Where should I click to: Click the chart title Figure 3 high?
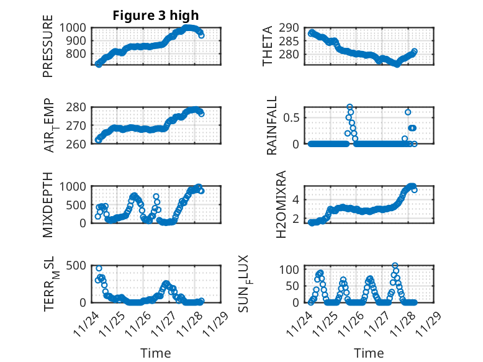click(x=155, y=16)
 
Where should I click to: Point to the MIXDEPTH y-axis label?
click(x=48, y=204)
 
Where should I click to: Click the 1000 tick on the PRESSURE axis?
click(x=74, y=27)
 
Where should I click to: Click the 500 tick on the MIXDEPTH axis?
click(x=78, y=204)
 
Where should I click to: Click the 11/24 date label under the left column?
click(x=86, y=322)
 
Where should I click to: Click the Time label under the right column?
click(x=369, y=353)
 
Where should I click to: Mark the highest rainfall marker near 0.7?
click(x=350, y=107)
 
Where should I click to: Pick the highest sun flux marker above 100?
click(x=395, y=266)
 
